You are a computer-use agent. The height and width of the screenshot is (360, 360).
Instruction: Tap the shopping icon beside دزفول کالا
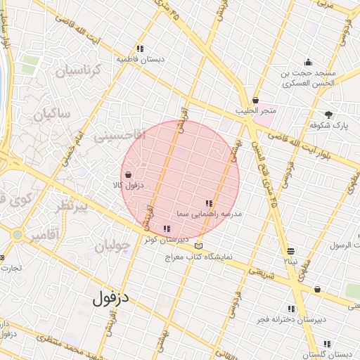pyautogui.click(x=127, y=175)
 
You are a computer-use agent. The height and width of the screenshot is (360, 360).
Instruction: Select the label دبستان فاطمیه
pyautogui.click(x=141, y=60)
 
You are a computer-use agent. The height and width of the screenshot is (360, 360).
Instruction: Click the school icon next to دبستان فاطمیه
pyautogui.click(x=141, y=49)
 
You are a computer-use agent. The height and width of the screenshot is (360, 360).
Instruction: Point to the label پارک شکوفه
pyautogui.click(x=330, y=125)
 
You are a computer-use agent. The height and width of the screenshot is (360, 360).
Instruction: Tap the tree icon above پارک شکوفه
pyautogui.click(x=329, y=114)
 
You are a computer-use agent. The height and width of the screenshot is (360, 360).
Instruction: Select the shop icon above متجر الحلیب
pyautogui.click(x=255, y=100)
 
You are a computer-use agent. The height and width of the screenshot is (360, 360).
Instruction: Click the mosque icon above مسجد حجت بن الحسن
pyautogui.click(x=307, y=62)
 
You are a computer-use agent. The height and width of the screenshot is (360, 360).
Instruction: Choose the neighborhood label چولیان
pyautogui.click(x=112, y=247)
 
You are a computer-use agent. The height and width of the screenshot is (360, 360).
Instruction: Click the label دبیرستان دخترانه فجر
pyautogui.click(x=290, y=320)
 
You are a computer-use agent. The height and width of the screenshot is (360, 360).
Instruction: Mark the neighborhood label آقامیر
pyautogui.click(x=44, y=235)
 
